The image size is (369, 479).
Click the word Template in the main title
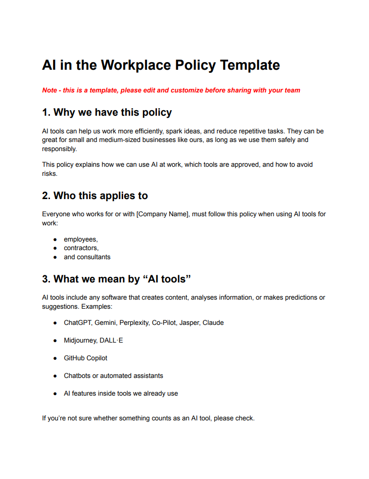point(250,65)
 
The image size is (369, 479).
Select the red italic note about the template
point(171,90)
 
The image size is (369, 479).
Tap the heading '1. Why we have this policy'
point(107,112)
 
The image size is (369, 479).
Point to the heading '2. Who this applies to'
point(95,195)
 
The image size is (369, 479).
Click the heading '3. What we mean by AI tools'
point(117,279)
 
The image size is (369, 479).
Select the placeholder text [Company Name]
point(163,214)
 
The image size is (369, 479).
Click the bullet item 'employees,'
point(81,239)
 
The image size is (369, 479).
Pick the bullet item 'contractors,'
point(81,248)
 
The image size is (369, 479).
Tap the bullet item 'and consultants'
point(87,257)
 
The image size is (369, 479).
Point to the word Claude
point(213,323)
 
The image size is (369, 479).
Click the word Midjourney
point(80,341)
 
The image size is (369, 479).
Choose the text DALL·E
point(112,341)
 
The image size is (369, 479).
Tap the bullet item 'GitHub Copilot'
point(85,358)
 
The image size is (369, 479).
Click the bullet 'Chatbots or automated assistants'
point(113,376)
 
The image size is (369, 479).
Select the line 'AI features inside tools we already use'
point(121,394)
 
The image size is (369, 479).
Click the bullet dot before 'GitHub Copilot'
point(55,358)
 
